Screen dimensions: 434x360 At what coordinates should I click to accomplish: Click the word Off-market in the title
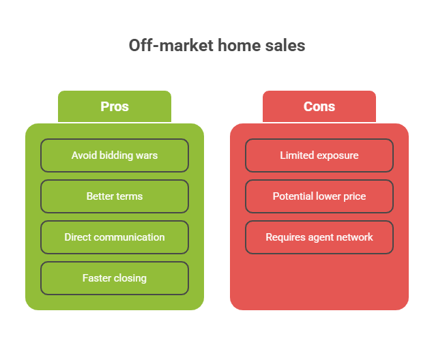[171, 46]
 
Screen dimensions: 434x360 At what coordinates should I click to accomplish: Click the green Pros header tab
[115, 106]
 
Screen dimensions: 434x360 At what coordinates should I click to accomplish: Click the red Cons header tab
[319, 106]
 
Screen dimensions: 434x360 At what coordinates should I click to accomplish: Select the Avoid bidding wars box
[115, 155]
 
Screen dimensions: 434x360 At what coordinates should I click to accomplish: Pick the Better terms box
[115, 196]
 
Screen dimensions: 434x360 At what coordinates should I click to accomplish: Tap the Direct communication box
[115, 237]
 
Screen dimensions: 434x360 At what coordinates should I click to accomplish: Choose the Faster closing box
[115, 278]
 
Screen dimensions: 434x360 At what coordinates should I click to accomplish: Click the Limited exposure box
[319, 155]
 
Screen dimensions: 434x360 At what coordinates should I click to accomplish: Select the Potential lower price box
[319, 196]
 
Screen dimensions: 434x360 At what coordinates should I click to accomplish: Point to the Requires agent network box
[319, 237]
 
